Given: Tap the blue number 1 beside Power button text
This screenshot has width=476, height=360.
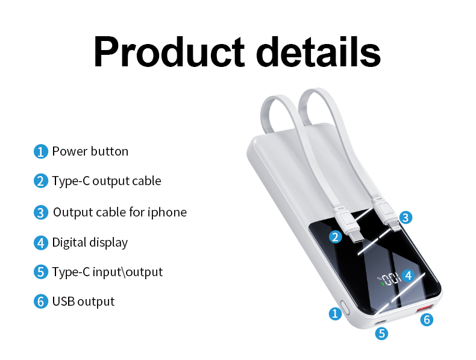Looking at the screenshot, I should pyautogui.click(x=40, y=151).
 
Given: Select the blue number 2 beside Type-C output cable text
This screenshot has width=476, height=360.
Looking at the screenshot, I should pyautogui.click(x=40, y=181).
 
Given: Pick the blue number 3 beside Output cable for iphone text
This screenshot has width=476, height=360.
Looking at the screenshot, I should pyautogui.click(x=40, y=212).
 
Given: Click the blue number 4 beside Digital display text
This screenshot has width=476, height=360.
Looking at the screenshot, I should pyautogui.click(x=40, y=243).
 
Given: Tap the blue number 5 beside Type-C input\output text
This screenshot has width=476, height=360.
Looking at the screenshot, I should pyautogui.click(x=40, y=272).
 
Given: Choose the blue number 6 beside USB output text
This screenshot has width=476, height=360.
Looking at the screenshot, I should pyautogui.click(x=40, y=302).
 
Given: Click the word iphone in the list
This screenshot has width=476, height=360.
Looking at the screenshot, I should pyautogui.click(x=168, y=212).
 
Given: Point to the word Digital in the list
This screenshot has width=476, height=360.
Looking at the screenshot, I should pyautogui.click(x=69, y=242).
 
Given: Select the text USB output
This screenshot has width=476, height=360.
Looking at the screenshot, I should pyautogui.click(x=83, y=301).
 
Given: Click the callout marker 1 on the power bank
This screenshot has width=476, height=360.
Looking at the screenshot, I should pyautogui.click(x=334, y=313).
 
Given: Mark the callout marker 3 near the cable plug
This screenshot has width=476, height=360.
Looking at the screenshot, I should pyautogui.click(x=406, y=217).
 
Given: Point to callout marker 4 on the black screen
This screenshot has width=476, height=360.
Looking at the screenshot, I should pyautogui.click(x=408, y=276).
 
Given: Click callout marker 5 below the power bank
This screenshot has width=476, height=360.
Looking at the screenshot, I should pyautogui.click(x=382, y=332).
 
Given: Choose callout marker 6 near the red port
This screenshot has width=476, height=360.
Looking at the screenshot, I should pyautogui.click(x=427, y=320).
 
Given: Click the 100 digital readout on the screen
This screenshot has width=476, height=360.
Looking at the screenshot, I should pyautogui.click(x=390, y=279).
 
